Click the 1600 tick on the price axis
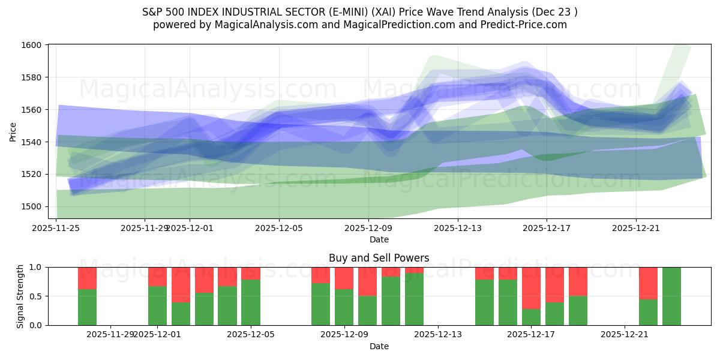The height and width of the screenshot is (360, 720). (32, 45)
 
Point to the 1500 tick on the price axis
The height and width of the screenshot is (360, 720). (32, 206)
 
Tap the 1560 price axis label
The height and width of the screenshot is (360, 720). (32, 110)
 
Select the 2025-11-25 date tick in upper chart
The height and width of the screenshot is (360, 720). (56, 228)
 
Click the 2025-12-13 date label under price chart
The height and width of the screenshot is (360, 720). (458, 228)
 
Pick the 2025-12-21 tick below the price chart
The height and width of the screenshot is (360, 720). (636, 228)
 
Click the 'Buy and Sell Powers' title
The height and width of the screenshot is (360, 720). (379, 258)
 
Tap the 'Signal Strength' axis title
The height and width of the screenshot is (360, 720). (20, 296)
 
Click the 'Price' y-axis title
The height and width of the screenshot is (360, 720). (13, 133)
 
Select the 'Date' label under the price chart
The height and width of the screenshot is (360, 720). (379, 239)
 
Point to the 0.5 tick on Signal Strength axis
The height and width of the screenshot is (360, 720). (37, 296)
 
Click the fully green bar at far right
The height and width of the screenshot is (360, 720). (671, 296)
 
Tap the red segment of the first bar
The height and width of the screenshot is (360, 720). (87, 278)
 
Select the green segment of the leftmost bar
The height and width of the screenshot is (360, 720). (87, 307)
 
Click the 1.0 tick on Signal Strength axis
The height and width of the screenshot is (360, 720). (37, 267)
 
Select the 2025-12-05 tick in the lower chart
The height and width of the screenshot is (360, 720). (251, 335)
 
